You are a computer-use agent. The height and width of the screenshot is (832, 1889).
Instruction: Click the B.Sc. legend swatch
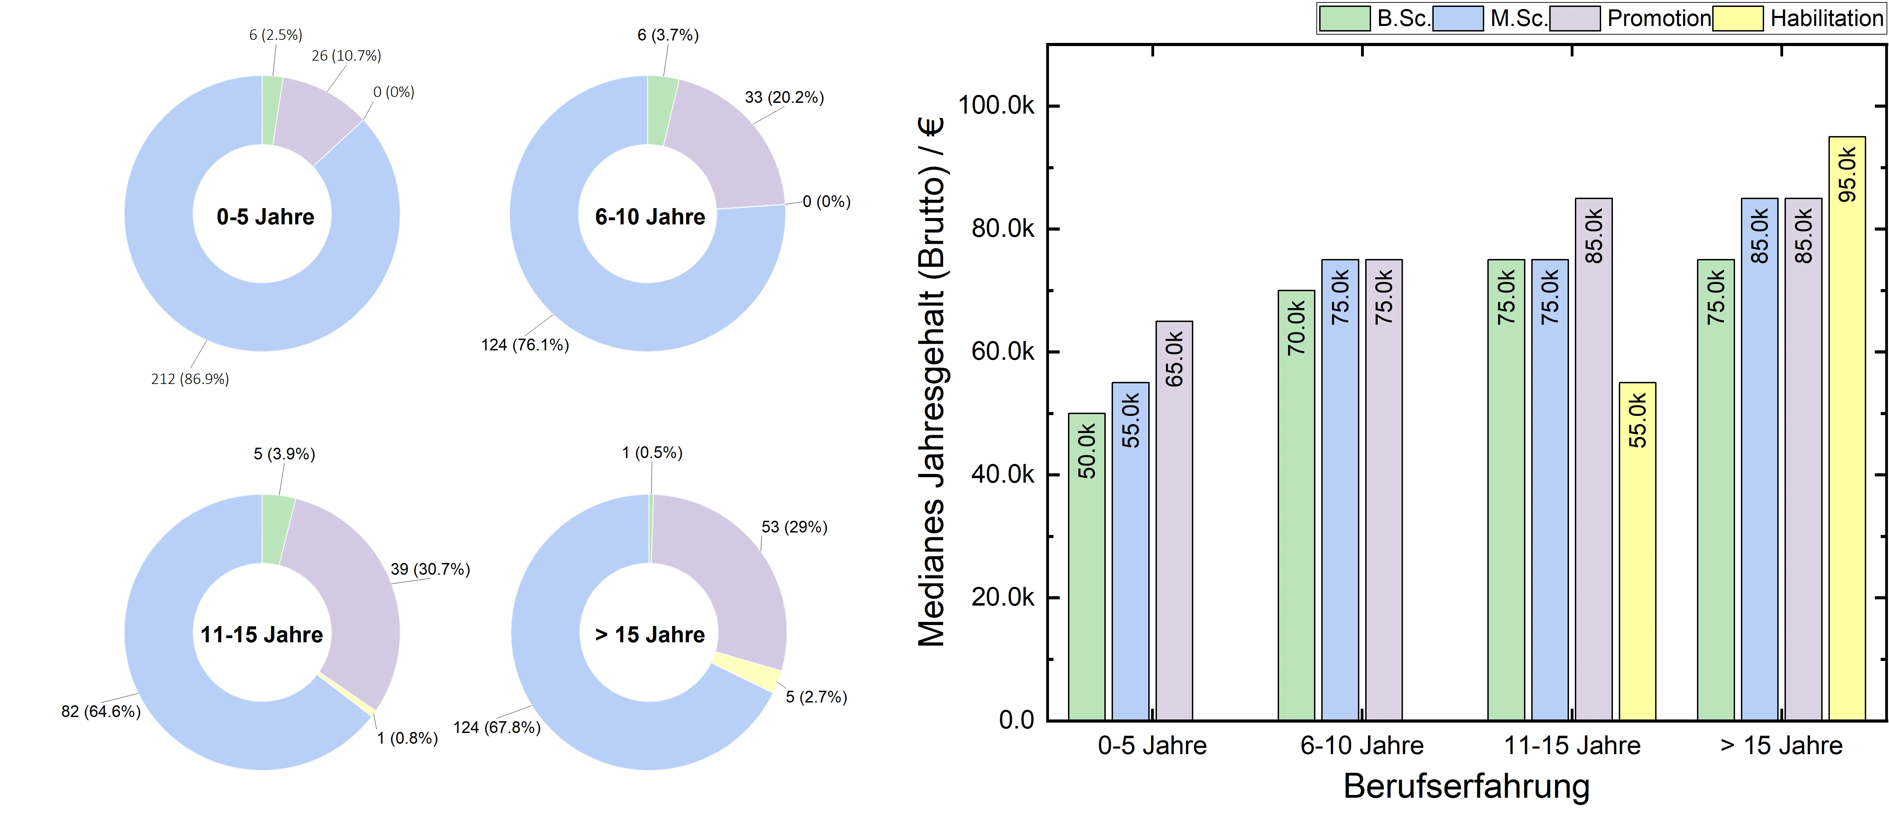coord(1344,18)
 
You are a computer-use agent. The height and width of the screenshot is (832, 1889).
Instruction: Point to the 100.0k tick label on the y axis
coord(996,106)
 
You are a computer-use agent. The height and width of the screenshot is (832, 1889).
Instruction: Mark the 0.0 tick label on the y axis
coord(1016,720)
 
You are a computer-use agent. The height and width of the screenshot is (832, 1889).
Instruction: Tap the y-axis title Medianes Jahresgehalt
coord(931,382)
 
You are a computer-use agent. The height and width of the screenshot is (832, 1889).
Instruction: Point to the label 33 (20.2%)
coord(784,98)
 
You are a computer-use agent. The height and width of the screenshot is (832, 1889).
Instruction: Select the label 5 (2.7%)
coord(816,697)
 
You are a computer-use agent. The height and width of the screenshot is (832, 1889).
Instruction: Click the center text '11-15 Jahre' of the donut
coord(262,635)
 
